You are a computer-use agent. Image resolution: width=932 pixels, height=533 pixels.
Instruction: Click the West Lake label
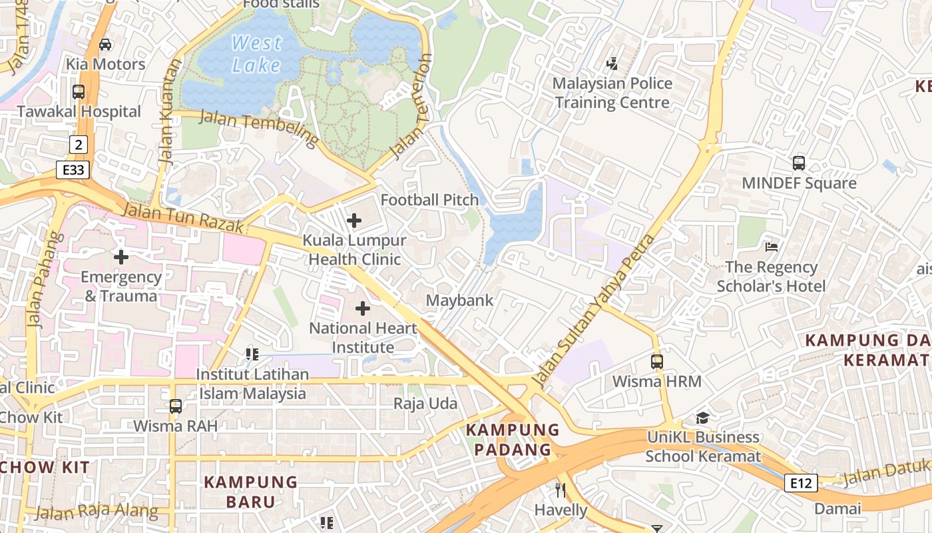point(256,54)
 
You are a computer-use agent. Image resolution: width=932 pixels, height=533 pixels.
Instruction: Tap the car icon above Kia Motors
point(105,45)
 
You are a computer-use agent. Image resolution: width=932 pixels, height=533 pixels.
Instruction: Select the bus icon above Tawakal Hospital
point(79,92)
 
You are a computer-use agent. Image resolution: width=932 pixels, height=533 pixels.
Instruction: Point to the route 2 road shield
point(79,144)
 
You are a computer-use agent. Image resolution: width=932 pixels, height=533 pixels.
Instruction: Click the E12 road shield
point(800,483)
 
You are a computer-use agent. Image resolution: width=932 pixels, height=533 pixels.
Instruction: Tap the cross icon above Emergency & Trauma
point(121,257)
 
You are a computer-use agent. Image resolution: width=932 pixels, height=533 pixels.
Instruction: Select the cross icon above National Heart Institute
point(363,308)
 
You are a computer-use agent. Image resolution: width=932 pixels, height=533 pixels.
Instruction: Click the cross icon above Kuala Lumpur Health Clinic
point(354,220)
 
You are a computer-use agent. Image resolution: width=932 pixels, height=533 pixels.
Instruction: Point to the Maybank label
point(460,300)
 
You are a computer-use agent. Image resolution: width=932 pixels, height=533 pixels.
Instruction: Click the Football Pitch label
point(429,200)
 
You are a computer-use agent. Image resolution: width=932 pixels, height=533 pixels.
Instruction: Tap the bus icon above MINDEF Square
point(799,163)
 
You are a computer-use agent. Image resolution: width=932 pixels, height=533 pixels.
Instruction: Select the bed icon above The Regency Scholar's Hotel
point(772,247)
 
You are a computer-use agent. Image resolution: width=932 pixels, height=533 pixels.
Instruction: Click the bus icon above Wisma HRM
point(657,362)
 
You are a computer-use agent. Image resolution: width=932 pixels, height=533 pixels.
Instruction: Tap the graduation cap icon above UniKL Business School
point(702,418)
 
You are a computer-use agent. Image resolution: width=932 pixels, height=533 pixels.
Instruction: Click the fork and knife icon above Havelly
point(561,490)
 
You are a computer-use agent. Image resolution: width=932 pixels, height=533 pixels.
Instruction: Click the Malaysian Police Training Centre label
point(612,93)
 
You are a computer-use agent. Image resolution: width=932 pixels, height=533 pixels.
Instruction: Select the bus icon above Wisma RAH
point(176,406)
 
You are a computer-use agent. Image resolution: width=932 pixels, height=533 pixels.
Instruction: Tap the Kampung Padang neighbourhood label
point(513,440)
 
